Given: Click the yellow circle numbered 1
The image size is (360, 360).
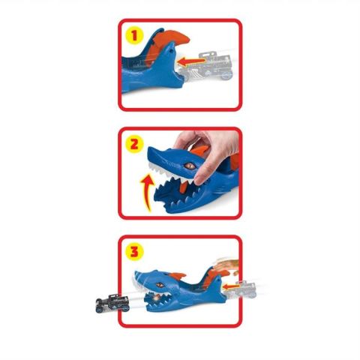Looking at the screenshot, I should pos(134,35).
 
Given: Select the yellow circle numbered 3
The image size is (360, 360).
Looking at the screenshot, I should pos(134,251).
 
